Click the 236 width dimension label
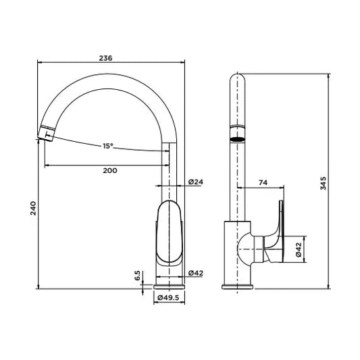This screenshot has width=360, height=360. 105,58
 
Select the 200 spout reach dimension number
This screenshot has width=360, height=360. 110,170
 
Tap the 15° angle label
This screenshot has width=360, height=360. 108,146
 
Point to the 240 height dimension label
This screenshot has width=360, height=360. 33,208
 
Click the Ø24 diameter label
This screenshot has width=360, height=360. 196,182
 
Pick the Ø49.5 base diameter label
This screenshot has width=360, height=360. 168,298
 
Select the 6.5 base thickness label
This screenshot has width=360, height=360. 137,276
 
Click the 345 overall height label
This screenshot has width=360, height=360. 323,183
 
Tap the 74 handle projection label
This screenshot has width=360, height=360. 263,182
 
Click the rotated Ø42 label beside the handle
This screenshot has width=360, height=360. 299,250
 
